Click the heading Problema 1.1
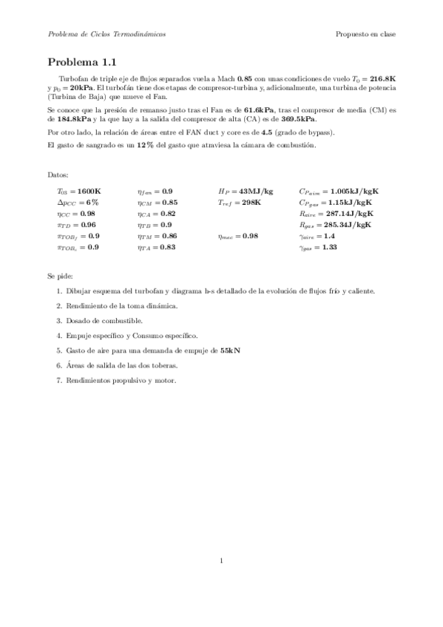click(x=81, y=63)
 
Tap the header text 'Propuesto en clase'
click(x=365, y=34)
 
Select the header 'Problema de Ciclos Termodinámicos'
click(x=106, y=34)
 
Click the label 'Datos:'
click(x=57, y=175)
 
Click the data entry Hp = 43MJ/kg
click(x=246, y=191)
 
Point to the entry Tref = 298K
click(x=240, y=202)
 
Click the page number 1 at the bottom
click(x=221, y=560)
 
